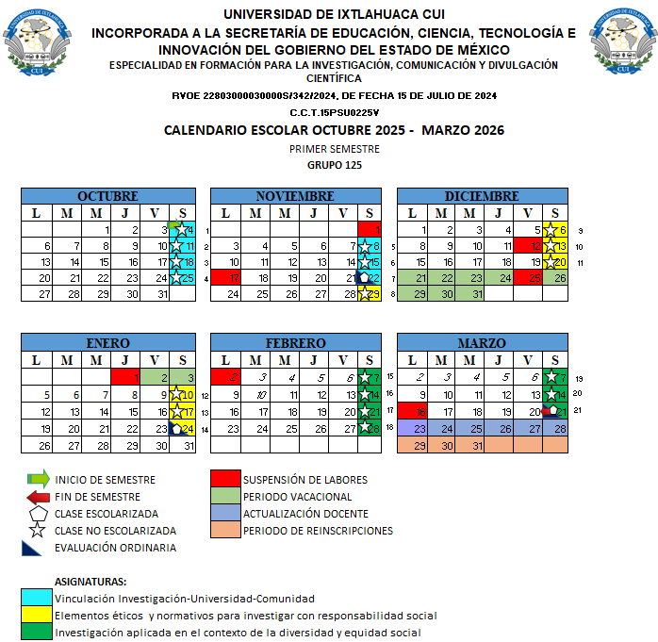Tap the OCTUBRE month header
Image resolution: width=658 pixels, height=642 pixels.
[x=107, y=196]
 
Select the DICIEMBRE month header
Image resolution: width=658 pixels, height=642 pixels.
[x=482, y=196]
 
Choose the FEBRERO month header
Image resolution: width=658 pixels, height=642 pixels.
[x=295, y=342]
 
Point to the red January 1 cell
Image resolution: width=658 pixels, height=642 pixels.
[x=123, y=377]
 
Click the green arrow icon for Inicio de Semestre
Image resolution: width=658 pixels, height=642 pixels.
[x=39, y=480]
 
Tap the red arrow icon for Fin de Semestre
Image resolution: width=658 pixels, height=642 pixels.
[x=39, y=497]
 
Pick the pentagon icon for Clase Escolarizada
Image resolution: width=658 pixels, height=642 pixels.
[x=39, y=514]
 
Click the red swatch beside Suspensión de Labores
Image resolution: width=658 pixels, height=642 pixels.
[x=225, y=480]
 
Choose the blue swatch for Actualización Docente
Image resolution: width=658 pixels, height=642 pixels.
[x=225, y=514]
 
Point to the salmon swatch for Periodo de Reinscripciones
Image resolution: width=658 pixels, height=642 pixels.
[x=225, y=531]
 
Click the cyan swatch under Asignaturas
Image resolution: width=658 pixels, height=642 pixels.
[x=36, y=599]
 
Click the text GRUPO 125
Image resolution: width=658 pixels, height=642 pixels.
[x=335, y=165]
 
